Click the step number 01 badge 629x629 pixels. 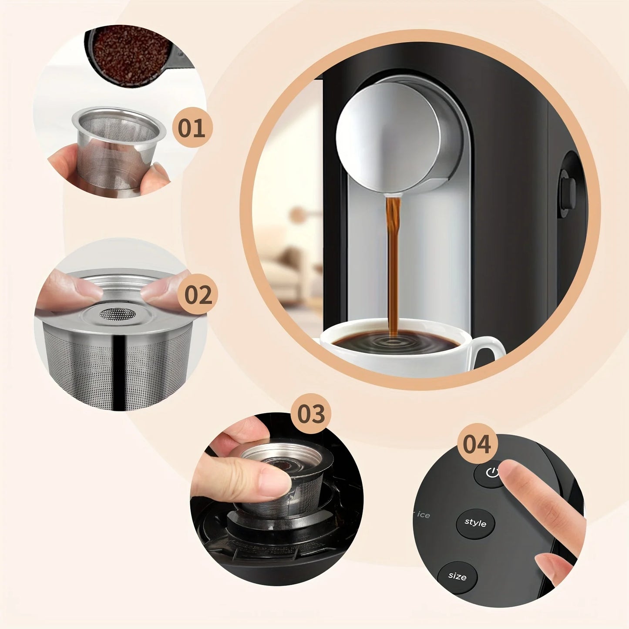(192, 128)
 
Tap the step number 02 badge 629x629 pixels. (198, 295)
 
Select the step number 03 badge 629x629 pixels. (311, 414)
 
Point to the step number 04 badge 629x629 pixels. (477, 444)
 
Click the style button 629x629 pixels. (475, 523)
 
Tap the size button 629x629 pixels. (457, 577)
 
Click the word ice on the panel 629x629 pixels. (423, 515)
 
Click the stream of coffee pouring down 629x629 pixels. (393, 261)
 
